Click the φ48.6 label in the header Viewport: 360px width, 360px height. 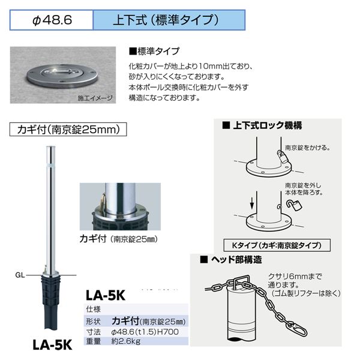52,20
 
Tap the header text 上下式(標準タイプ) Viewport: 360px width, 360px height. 166,20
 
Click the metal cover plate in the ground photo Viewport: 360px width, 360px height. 62,76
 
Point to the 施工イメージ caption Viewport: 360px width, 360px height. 95,98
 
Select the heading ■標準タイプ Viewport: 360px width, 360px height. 154,51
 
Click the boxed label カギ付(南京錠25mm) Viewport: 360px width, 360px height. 68,130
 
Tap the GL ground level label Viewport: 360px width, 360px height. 20,275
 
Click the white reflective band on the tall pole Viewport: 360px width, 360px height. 51,165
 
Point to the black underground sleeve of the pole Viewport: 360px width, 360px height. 50,302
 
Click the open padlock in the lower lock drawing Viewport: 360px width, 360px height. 294,205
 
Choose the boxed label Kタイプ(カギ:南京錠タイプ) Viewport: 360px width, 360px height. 277,245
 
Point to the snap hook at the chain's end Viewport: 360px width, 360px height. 300,329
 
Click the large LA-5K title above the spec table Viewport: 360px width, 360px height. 106,295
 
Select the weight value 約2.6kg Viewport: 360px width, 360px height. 125,341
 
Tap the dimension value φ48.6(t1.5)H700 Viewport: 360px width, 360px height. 145,332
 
